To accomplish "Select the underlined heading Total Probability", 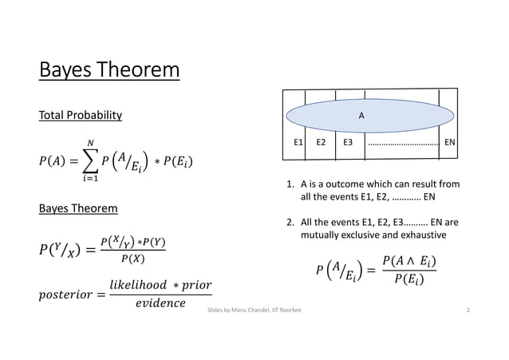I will click(x=81, y=116).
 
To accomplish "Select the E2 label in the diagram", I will click(x=321, y=144).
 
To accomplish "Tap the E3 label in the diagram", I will click(x=348, y=144).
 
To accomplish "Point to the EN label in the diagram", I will click(x=450, y=144).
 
